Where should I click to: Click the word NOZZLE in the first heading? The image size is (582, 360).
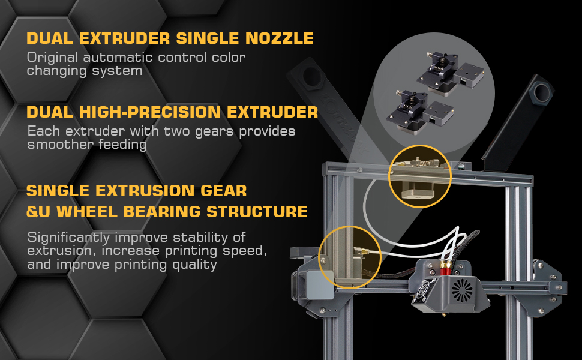click(280, 38)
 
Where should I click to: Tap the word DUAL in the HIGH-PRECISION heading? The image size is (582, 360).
click(49, 112)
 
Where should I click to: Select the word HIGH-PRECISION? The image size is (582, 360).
click(149, 112)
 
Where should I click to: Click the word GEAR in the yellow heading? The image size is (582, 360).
click(223, 191)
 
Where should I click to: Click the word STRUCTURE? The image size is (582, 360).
click(257, 212)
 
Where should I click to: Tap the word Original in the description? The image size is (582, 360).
click(52, 58)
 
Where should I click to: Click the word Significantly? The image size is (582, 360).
click(68, 238)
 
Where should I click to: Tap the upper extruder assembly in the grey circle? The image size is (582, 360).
click(450, 73)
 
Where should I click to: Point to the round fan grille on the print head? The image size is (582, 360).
click(462, 289)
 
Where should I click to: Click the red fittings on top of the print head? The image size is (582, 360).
click(445, 268)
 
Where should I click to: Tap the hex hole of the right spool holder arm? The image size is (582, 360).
click(541, 93)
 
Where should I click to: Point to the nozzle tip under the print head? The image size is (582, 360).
click(443, 316)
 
